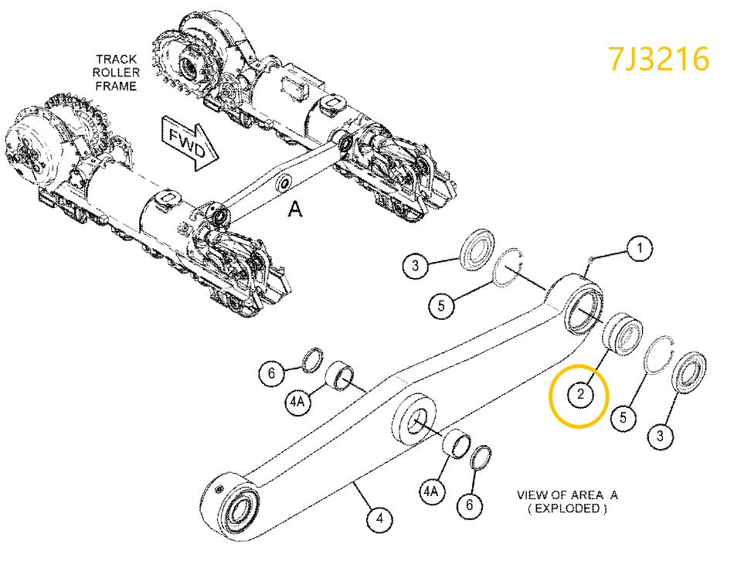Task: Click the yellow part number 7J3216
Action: [658, 59]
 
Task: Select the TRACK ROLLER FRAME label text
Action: [117, 72]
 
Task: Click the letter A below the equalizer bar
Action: [294, 208]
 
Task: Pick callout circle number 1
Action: [639, 249]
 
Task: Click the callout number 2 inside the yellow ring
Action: [579, 396]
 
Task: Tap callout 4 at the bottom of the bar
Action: [378, 519]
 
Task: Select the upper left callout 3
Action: [416, 267]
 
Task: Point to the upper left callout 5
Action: [441, 306]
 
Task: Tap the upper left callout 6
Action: [270, 374]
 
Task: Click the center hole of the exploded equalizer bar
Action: [415, 420]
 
